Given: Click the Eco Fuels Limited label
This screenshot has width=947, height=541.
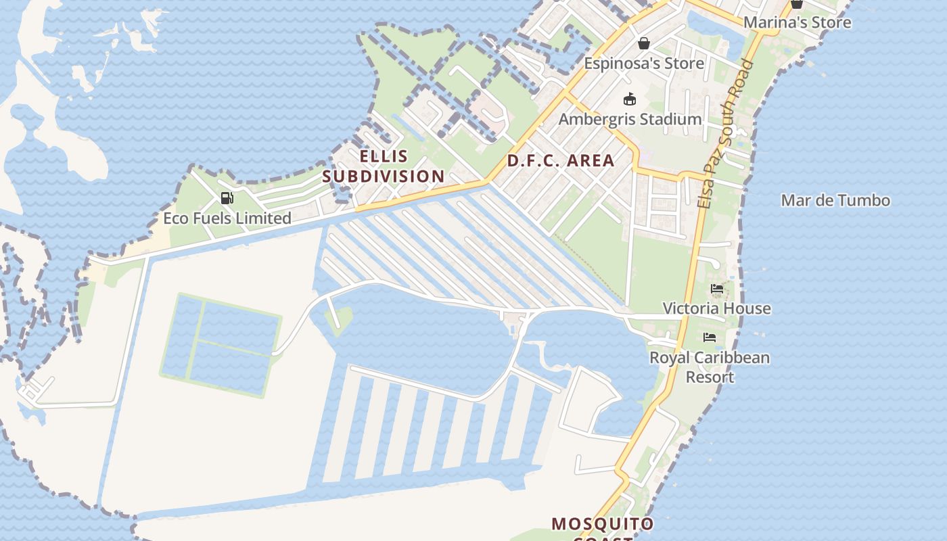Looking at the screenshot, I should [227, 218].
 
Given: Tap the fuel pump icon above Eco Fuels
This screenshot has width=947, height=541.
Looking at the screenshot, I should [227, 198].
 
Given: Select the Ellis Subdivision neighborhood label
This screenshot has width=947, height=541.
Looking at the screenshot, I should [384, 166].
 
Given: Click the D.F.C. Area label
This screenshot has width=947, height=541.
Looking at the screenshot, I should [561, 161].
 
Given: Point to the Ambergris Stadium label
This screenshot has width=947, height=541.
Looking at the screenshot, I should [630, 120].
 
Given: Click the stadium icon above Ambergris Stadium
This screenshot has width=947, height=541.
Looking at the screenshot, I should [630, 99].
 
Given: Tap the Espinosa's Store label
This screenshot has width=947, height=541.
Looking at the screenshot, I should [644, 64].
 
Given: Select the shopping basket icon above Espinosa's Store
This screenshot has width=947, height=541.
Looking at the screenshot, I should [644, 43].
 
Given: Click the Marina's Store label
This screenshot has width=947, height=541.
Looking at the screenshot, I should [797, 22].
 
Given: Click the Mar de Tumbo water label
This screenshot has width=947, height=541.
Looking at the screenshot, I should [835, 200].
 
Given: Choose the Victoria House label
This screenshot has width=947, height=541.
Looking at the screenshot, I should [716, 308].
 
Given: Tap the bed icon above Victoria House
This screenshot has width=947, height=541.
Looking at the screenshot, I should [717, 289].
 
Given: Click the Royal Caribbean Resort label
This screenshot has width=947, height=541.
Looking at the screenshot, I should [710, 367].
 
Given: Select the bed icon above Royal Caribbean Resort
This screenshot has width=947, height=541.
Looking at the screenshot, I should [709, 337].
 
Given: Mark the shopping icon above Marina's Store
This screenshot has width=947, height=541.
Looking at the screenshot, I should [797, 4].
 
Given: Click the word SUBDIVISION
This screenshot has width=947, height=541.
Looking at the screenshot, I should [384, 177].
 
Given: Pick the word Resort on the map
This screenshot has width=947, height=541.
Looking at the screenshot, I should [710, 377].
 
